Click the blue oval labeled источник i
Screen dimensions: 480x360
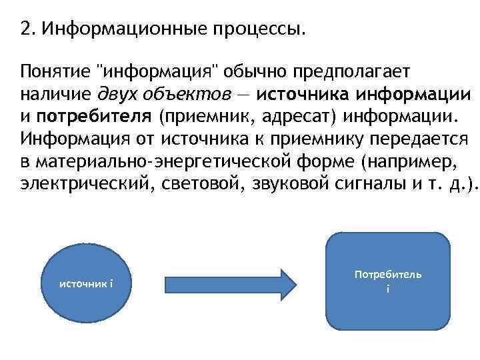87,284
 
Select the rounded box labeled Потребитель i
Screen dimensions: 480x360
388,281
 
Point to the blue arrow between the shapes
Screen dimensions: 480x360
230,283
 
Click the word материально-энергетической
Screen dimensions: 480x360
156,163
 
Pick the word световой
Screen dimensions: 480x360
200,186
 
